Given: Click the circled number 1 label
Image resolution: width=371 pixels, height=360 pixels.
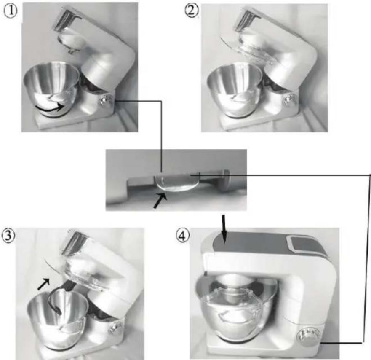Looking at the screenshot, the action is point(11,11).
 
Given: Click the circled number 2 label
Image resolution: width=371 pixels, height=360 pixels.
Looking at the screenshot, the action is point(192,11).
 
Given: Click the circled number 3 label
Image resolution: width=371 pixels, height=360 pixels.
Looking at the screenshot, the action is point(8,236).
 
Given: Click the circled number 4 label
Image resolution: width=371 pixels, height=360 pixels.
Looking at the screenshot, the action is point(182,236).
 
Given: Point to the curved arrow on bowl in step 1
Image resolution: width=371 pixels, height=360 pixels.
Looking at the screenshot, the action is point(50,108).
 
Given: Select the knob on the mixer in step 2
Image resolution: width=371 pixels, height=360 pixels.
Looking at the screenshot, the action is point(288,99).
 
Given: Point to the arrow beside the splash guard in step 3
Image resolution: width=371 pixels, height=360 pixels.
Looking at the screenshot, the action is point(44,284).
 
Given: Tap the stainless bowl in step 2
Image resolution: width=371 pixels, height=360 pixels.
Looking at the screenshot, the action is point(235,90).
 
